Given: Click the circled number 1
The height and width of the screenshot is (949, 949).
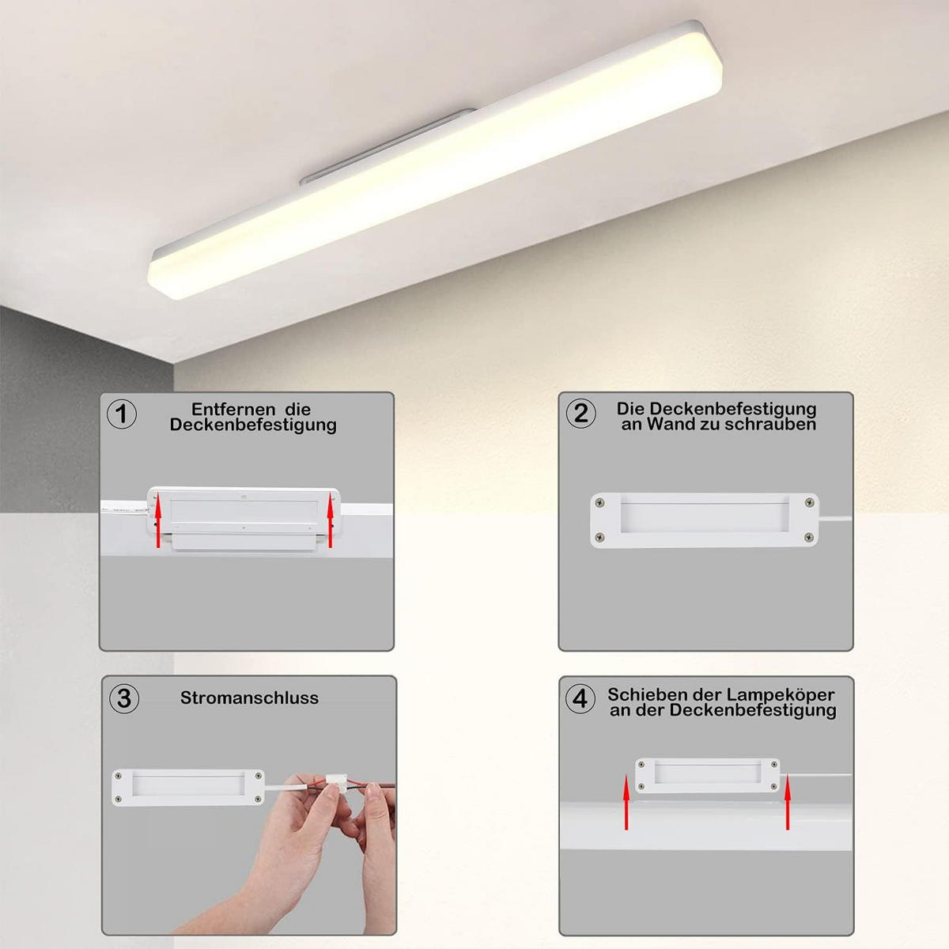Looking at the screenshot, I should (x=122, y=414).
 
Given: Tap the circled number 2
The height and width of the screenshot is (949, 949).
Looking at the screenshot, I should (x=581, y=413).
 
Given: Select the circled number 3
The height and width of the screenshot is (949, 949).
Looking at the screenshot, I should (x=123, y=698).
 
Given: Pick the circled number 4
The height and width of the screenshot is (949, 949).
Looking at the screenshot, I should (x=580, y=698).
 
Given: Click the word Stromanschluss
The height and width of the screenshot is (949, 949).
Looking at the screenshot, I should (x=249, y=698).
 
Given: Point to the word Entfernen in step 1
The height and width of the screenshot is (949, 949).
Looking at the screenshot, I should (x=229, y=409).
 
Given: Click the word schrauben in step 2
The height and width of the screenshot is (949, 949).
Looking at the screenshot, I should (x=771, y=425).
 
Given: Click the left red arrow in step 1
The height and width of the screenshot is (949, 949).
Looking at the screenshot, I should (x=157, y=520).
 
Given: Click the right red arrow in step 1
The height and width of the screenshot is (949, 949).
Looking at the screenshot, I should (x=331, y=520).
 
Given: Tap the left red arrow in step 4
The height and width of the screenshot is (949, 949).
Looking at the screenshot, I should (x=626, y=802).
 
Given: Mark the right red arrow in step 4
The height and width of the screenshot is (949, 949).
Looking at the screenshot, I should (x=788, y=802).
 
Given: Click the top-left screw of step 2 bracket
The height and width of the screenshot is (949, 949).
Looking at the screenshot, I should (x=600, y=503).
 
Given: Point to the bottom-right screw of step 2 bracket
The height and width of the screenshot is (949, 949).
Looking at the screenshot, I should (x=808, y=538).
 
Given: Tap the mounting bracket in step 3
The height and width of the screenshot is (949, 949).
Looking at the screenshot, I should (x=188, y=788).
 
